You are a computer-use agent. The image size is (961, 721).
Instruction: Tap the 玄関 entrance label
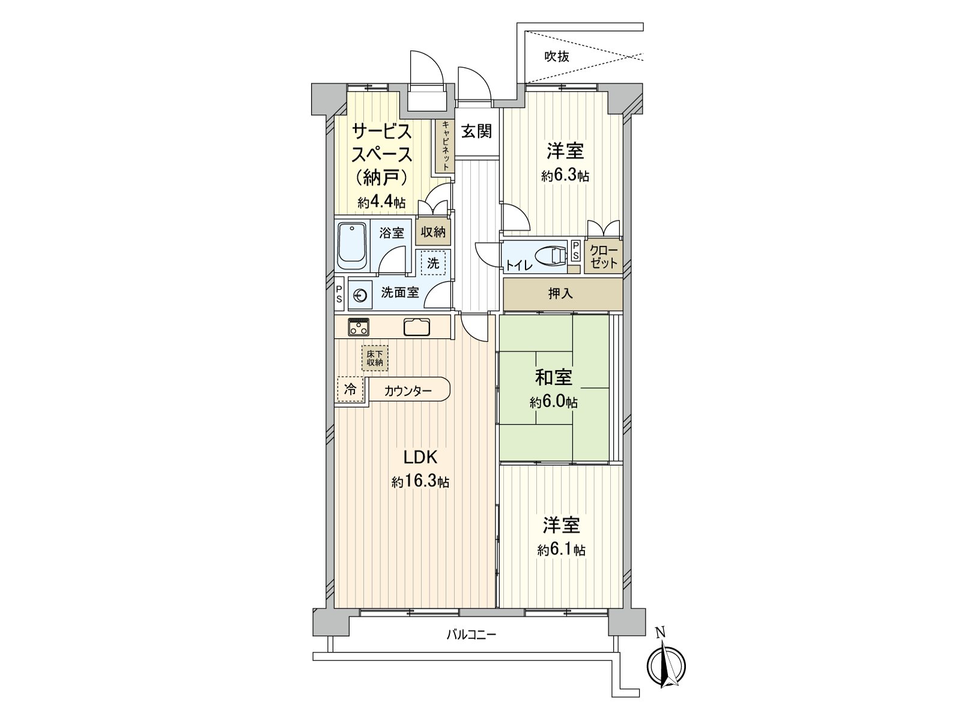[x=476, y=131]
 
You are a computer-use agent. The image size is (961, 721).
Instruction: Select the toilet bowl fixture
[x=550, y=255]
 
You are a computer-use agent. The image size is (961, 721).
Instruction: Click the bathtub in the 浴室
[x=352, y=246]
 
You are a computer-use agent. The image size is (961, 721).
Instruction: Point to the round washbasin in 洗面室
[x=360, y=295]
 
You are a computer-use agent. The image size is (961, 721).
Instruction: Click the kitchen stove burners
[x=359, y=327]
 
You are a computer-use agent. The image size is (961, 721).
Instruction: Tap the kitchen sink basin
[x=417, y=327]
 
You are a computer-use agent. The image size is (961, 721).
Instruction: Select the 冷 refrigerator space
[x=350, y=389]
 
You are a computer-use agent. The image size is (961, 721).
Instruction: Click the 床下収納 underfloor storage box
[x=375, y=358]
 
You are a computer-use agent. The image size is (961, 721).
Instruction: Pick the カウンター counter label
[x=408, y=391]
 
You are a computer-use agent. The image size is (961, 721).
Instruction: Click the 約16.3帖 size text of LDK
[x=420, y=482]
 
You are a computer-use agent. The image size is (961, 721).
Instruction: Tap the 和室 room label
[x=554, y=378]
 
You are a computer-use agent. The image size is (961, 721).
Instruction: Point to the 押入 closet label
[x=560, y=294]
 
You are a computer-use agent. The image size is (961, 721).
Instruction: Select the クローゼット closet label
[x=603, y=257]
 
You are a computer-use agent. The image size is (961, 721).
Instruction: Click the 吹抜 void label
[x=557, y=57]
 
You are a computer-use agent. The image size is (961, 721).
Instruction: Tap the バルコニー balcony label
[x=471, y=634]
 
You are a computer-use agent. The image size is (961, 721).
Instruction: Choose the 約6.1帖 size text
[x=562, y=550]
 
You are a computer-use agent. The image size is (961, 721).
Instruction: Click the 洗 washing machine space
[x=433, y=263]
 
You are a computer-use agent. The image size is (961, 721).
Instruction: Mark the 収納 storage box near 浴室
[x=432, y=232]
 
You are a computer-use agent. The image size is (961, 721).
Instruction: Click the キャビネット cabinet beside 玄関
[x=445, y=147]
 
